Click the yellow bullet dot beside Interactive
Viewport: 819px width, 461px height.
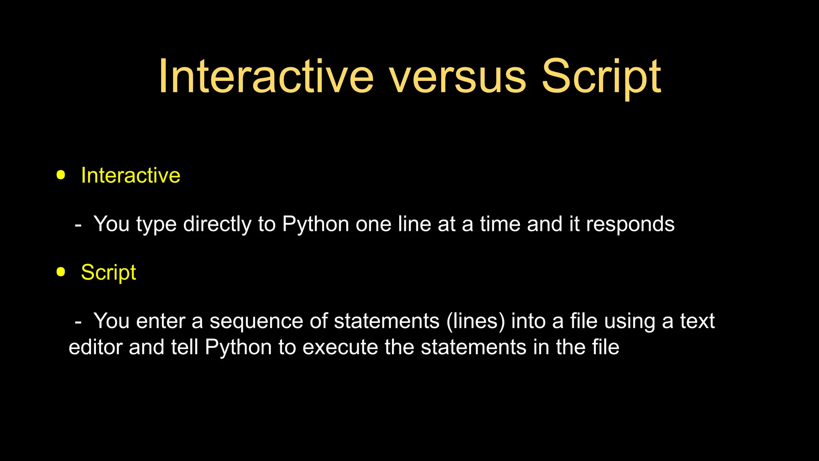pyautogui.click(x=61, y=175)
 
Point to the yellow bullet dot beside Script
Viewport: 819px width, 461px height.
pyautogui.click(x=61, y=272)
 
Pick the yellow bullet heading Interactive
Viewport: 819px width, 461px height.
pyautogui.click(x=130, y=175)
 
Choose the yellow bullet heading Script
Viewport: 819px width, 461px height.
pyautogui.click(x=108, y=273)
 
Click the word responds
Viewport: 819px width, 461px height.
pyautogui.click(x=630, y=224)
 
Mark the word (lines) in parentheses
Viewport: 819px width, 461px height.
pyautogui.click(x=475, y=321)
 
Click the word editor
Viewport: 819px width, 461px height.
pyautogui.click(x=96, y=347)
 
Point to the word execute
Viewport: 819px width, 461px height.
pyautogui.click(x=340, y=347)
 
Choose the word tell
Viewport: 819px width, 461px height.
pyautogui.click(x=185, y=347)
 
